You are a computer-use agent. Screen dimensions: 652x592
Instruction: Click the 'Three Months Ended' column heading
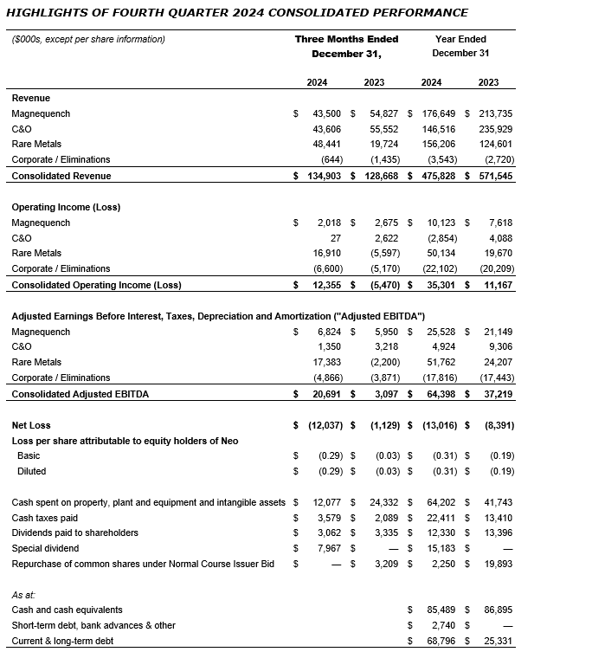click(346, 39)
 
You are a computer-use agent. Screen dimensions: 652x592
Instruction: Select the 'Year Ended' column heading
click(460, 39)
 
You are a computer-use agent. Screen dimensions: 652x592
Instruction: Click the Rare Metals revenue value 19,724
click(382, 145)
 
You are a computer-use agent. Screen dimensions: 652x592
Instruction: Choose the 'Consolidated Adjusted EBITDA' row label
click(80, 394)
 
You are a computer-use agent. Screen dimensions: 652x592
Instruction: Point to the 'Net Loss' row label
click(31, 425)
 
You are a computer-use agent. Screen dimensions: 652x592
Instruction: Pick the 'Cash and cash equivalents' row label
click(67, 610)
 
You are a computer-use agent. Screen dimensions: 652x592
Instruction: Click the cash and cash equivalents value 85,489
click(440, 610)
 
